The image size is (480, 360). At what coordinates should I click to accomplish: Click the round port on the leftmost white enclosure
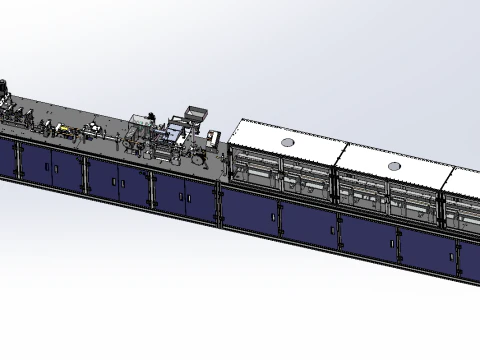(289, 142)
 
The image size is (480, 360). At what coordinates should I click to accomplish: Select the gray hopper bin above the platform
(195, 114)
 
